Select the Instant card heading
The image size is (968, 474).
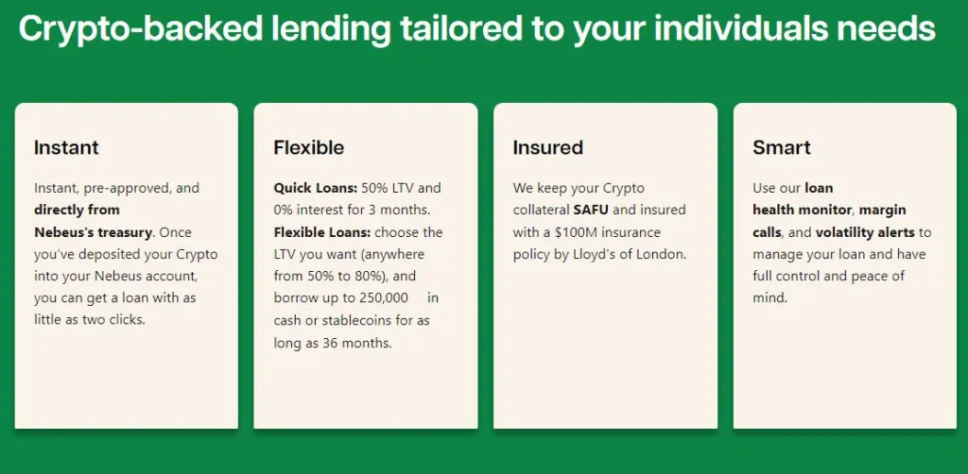coord(66,148)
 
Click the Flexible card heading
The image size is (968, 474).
coord(309,148)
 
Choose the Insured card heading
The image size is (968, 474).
coord(547,148)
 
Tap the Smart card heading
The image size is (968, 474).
coord(782,148)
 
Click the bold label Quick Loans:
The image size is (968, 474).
coord(316,188)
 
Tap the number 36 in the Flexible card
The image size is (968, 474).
coord(330,344)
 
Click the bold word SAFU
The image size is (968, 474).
coord(591,211)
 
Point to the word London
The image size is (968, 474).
coord(665,255)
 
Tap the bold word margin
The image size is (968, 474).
coord(883,211)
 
